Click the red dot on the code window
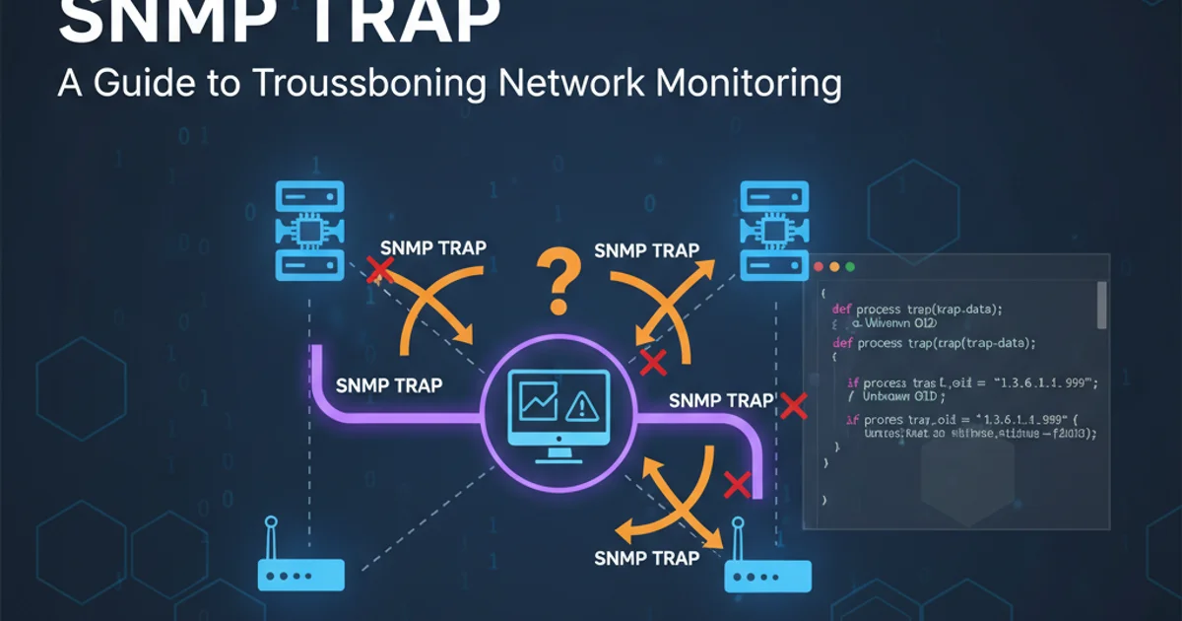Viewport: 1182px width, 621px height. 820,267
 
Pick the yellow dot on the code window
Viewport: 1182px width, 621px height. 835,267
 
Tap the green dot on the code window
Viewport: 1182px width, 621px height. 851,267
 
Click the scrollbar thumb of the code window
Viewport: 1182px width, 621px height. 1101,305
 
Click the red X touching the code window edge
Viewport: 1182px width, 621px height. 793,404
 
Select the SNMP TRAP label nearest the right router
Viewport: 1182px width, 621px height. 647,558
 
